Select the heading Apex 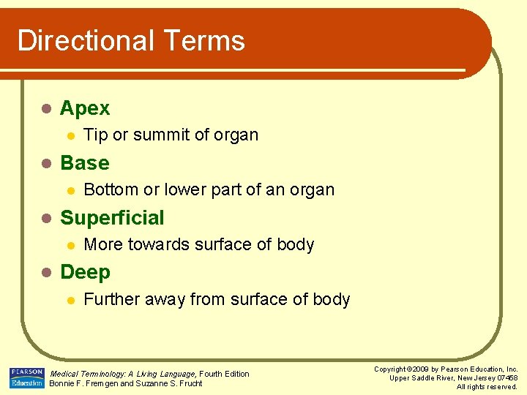[85, 108]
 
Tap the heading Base [85, 162]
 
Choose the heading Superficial [112, 217]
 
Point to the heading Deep [85, 272]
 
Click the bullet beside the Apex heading [45, 109]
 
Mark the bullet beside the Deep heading [45, 273]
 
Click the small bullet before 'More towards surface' [70, 245]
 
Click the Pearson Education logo [27, 378]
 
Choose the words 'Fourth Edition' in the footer [224, 374]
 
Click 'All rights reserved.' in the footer [487, 387]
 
